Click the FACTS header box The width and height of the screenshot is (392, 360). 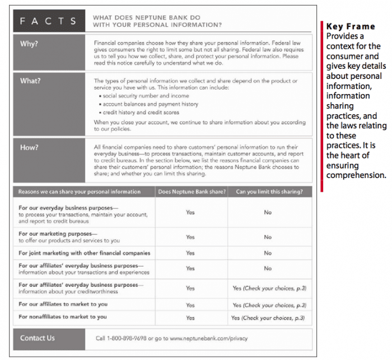click(x=49, y=21)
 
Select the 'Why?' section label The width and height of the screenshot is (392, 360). click(x=29, y=43)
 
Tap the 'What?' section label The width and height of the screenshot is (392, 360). click(x=30, y=81)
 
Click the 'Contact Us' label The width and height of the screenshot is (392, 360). click(x=38, y=338)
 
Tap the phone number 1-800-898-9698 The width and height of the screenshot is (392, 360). click(x=130, y=338)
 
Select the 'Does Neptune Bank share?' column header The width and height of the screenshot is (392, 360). click(x=192, y=191)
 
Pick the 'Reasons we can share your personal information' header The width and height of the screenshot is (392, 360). click(x=79, y=191)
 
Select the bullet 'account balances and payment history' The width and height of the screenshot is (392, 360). click(x=150, y=104)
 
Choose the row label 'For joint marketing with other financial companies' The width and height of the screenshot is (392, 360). click(x=84, y=253)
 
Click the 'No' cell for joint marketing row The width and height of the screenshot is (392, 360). click(x=268, y=253)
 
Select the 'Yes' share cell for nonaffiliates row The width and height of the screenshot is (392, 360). click(x=190, y=317)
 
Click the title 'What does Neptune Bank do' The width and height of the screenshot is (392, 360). click(x=146, y=18)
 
